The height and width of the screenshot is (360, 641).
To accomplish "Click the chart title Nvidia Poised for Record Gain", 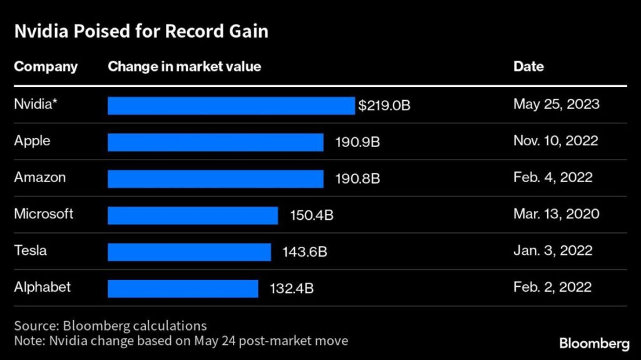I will pos(141,31).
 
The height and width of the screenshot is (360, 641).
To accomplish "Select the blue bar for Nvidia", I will pos(231,105).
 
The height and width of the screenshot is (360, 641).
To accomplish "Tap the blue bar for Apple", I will pos(215,142).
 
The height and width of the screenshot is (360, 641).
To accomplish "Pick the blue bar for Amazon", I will pos(215,178).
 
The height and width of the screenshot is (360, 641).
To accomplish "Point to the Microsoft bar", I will pos(192,215).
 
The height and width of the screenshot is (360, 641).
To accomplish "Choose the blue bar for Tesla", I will pos(189,252).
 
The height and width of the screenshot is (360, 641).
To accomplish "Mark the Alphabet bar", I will pos(183,289).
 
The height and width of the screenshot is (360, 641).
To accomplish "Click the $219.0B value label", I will pos(384,105).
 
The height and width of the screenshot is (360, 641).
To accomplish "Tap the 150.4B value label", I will pos(312,215).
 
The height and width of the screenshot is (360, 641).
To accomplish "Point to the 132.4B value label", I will pos(292,289).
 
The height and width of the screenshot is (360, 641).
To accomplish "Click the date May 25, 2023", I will pos(556,104).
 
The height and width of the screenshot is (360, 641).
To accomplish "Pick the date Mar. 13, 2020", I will pos(556,214).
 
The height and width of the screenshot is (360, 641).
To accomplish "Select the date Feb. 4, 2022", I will pos(553,177).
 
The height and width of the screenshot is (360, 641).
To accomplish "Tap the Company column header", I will pos(46,66).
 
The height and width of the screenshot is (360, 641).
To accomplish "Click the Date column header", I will pos(528,66).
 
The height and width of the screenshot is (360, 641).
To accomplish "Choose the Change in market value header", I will pos(184,66).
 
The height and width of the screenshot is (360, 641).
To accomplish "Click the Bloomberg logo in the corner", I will pos(594,343).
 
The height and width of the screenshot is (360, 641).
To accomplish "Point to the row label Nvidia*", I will pos(35,104).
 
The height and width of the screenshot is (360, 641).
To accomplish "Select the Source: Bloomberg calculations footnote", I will pos(110,326).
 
